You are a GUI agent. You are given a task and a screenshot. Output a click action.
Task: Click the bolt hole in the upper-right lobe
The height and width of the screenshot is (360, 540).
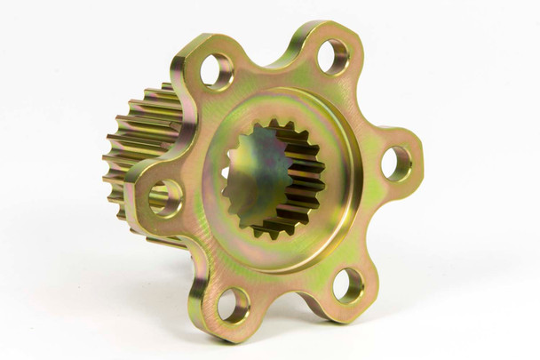(333, 56)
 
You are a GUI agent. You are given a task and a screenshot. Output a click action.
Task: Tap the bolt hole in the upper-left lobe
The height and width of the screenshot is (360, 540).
(216, 71)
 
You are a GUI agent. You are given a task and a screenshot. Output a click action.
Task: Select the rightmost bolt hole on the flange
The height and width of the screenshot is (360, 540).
(396, 164)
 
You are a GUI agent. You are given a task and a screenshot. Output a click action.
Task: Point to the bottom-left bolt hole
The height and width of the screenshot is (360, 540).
(233, 305)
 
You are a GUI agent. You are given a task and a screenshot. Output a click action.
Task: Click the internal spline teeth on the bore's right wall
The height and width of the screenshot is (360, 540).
(306, 191)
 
